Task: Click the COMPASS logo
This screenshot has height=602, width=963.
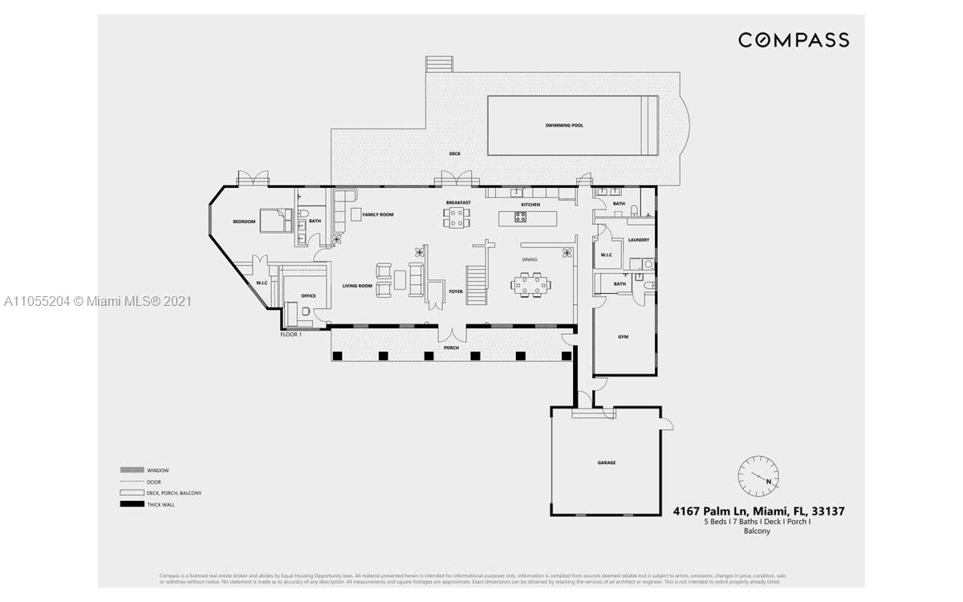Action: pyautogui.click(x=793, y=39)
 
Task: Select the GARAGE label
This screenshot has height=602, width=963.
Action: pyautogui.click(x=606, y=463)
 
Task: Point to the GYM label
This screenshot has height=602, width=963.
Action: pyautogui.click(x=623, y=336)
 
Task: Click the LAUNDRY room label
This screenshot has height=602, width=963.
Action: pyautogui.click(x=639, y=240)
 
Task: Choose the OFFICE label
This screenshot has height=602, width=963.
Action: pyautogui.click(x=308, y=296)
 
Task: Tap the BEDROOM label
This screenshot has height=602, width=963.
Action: pyautogui.click(x=244, y=222)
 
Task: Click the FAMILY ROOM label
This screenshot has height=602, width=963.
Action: pyautogui.click(x=377, y=215)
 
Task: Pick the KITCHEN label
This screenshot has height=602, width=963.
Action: pyautogui.click(x=530, y=205)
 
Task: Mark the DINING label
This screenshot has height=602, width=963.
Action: pyautogui.click(x=530, y=260)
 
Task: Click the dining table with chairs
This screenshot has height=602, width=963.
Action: pyautogui.click(x=532, y=284)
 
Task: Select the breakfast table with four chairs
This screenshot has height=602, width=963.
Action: pyautogui.click(x=456, y=218)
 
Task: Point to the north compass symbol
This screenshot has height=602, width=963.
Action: pyautogui.click(x=758, y=476)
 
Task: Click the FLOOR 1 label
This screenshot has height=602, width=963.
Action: pyautogui.click(x=291, y=334)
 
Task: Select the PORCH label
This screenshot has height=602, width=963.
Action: pyautogui.click(x=452, y=348)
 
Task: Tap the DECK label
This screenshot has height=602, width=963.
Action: pyautogui.click(x=454, y=153)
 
